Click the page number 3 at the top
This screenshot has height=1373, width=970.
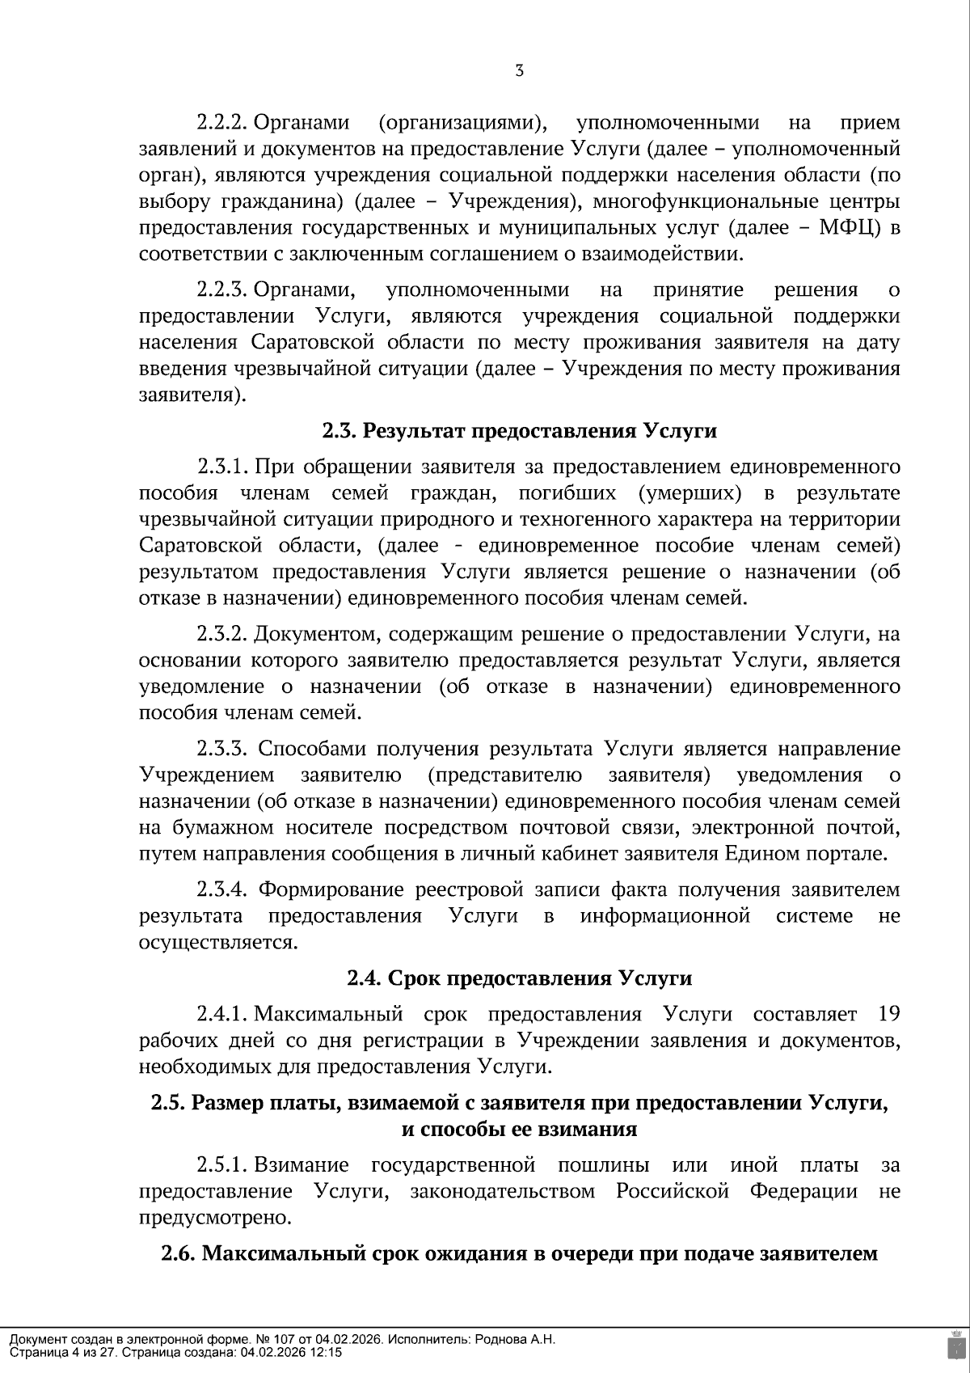pyautogui.click(x=519, y=71)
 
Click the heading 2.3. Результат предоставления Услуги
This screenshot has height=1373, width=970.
pyautogui.click(x=519, y=431)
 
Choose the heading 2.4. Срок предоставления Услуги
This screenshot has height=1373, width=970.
pyautogui.click(x=519, y=978)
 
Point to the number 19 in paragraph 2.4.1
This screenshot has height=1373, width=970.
pyautogui.click(x=887, y=1015)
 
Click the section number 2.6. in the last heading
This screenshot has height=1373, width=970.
pyautogui.click(x=178, y=1254)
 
